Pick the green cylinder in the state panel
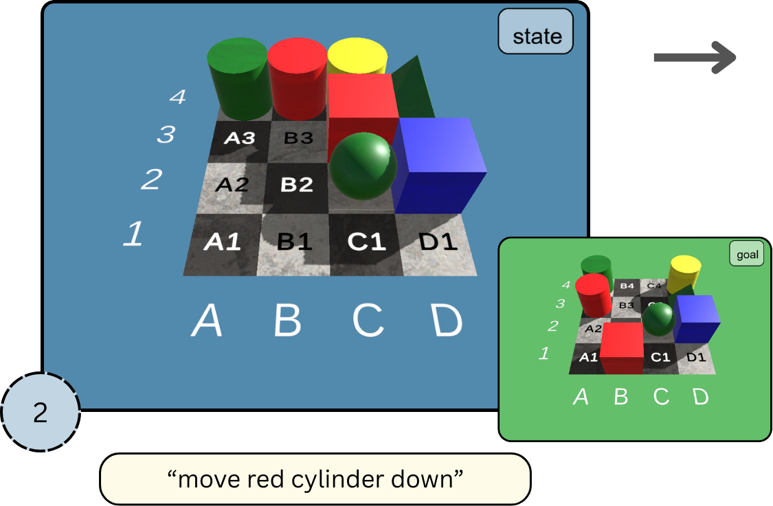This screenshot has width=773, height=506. (238, 78)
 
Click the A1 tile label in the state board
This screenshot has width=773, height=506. (222, 242)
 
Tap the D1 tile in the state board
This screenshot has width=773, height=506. (437, 242)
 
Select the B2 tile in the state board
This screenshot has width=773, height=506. (297, 185)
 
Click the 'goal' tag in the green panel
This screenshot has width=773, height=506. (747, 255)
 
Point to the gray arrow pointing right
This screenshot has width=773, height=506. (694, 57)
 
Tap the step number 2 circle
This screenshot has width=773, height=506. (41, 412)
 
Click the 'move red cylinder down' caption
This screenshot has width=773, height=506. (315, 479)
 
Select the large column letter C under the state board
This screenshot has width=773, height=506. (368, 319)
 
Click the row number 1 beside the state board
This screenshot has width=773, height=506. (133, 234)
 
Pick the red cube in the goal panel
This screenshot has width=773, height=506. (622, 347)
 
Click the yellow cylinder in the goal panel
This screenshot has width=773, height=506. (684, 273)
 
